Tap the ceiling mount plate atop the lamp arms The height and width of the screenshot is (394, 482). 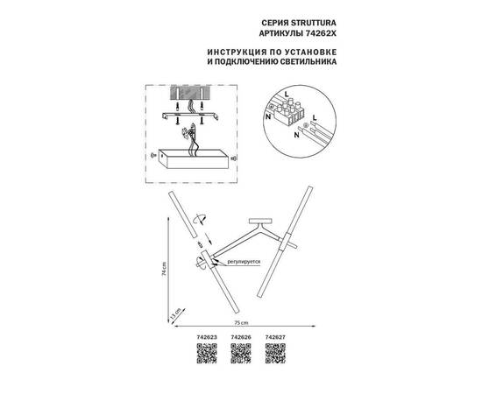coord(260,220)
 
